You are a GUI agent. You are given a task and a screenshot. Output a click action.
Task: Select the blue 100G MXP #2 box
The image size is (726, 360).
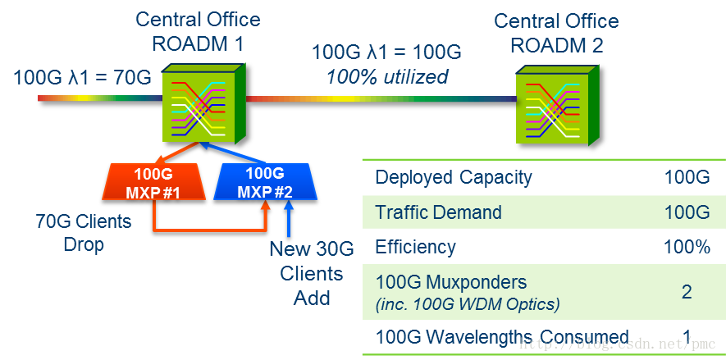pyautogui.click(x=264, y=182)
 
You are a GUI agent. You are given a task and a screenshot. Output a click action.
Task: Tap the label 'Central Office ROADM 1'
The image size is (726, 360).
pyautogui.click(x=198, y=31)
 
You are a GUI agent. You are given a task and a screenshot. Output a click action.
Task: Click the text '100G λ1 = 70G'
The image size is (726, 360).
pyautogui.click(x=82, y=79)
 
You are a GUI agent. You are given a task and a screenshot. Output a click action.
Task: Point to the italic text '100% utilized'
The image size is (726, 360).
pyautogui.click(x=387, y=77)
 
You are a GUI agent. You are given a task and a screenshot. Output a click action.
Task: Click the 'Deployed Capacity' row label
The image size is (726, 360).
pyautogui.click(x=454, y=177)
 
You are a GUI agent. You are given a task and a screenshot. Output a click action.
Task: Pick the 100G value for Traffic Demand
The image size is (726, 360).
pyautogui.click(x=687, y=212)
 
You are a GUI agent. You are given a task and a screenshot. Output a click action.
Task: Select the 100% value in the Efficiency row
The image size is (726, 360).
pyautogui.click(x=687, y=247)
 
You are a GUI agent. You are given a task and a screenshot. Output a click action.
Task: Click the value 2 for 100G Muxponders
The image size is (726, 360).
pyautogui.click(x=687, y=292)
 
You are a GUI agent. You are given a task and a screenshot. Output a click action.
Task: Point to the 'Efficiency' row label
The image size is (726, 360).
pyautogui.click(x=417, y=247)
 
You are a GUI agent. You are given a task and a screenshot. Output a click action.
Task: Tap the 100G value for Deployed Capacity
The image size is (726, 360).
pyautogui.click(x=687, y=177)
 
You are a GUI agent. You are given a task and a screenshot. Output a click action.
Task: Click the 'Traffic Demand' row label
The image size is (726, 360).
pyautogui.click(x=438, y=212)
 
